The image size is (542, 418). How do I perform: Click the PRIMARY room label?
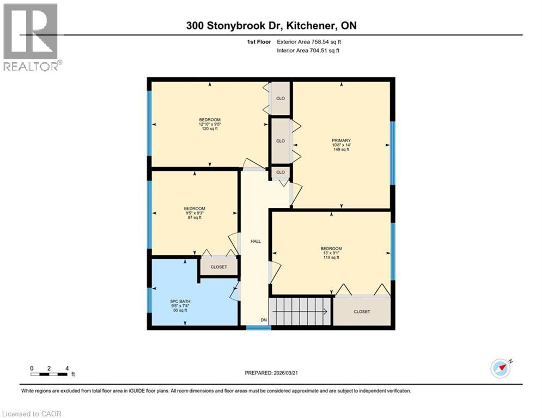[341, 140]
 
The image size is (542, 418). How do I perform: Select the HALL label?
[255, 241]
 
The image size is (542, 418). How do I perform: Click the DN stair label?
[264, 320]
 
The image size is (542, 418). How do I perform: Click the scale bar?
[49, 374]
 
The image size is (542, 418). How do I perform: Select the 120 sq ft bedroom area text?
[210, 129]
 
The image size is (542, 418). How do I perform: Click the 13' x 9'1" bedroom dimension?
[331, 253]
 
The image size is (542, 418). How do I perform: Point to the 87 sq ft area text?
[194, 218]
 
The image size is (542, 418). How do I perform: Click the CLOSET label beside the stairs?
[361, 312]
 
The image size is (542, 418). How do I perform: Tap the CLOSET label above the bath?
[218, 267]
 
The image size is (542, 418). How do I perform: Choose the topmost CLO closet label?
[281, 99]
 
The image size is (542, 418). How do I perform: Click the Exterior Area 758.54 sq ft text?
[309, 41]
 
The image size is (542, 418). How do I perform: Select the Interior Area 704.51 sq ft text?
[308, 51]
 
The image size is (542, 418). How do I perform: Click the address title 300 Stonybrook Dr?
[271, 26]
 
